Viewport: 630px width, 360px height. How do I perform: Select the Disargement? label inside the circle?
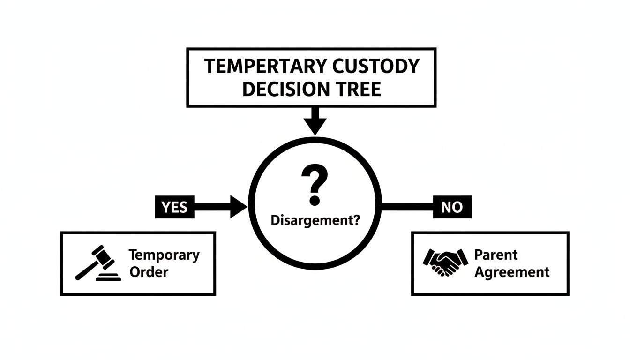coord(315,220)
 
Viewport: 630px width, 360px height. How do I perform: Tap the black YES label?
coord(174,207)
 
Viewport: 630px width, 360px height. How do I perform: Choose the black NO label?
coord(452,207)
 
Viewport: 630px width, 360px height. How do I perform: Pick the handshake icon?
coord(445,262)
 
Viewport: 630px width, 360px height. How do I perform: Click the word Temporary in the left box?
coord(164,255)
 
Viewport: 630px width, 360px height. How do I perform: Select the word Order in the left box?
coord(149,272)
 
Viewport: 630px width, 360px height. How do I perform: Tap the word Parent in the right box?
coord(496,255)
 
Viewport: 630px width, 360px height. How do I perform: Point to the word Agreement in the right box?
coord(512,272)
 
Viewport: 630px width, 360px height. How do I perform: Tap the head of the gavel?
coord(103,255)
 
